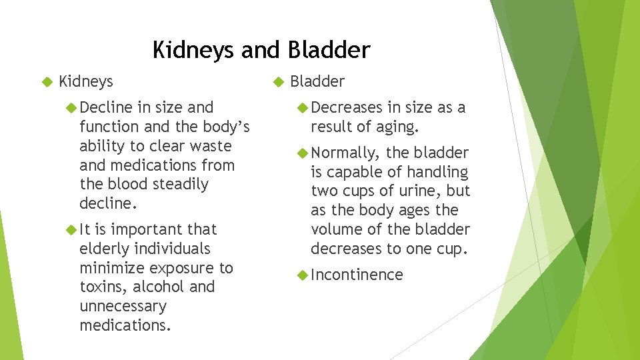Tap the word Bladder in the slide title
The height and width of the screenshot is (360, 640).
tap(329, 50)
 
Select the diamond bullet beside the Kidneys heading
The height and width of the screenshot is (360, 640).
tap(46, 82)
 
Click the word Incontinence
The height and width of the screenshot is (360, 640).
tap(357, 275)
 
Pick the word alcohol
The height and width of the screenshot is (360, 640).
tap(159, 287)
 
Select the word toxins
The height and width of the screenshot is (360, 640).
tap(100, 287)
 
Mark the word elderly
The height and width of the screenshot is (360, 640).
tap(103, 249)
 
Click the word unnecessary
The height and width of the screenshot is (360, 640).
tap(123, 307)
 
